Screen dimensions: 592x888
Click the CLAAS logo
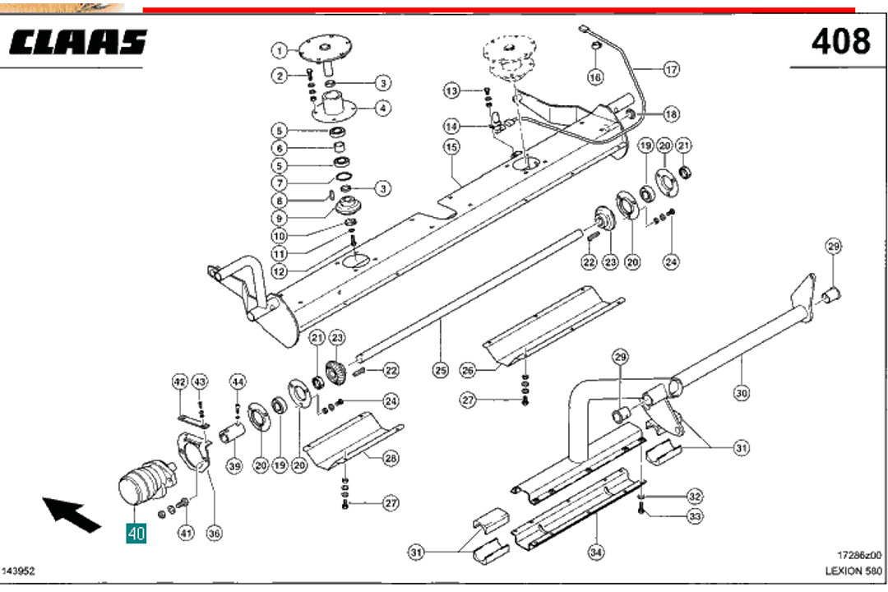point(79,43)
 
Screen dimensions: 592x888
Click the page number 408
point(840,41)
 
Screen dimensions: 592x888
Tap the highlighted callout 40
point(136,534)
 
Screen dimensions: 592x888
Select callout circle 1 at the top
point(280,50)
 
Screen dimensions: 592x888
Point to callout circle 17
point(671,69)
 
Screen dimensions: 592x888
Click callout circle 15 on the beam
point(451,147)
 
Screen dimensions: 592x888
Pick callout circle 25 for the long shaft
point(440,371)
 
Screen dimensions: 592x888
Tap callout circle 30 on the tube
point(742,394)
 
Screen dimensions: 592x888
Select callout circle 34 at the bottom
point(595,553)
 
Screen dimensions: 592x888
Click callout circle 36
point(214,534)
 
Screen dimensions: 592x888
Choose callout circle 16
point(595,76)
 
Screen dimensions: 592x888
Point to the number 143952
point(19,571)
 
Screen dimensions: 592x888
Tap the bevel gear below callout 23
point(336,376)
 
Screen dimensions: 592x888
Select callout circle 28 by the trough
point(391,457)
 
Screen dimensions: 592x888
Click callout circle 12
point(280,271)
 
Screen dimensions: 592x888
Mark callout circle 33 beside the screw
point(696,516)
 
